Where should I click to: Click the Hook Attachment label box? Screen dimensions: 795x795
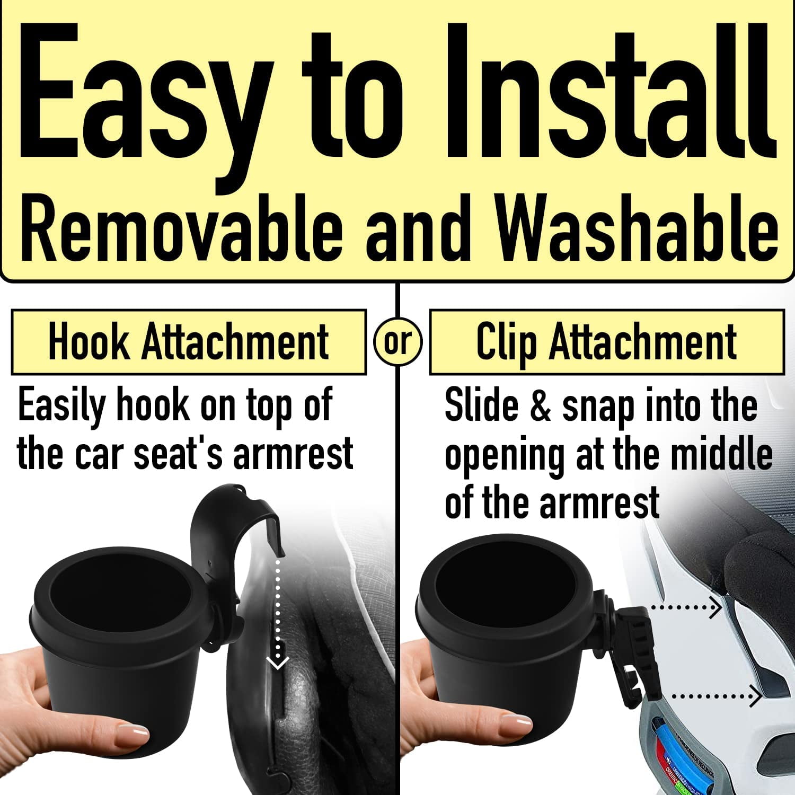188,342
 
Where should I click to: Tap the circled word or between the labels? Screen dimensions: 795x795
397,342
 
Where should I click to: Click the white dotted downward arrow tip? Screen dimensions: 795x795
277,662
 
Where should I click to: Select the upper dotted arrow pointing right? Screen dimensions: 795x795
686,607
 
